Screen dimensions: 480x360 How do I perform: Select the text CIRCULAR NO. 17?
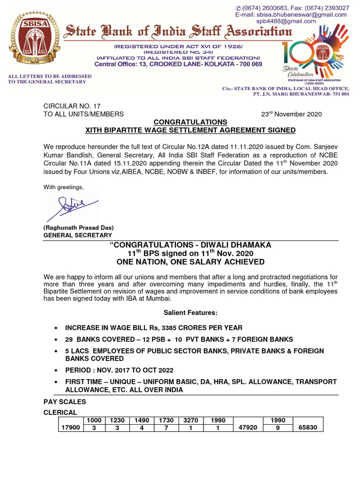pyautogui.click(x=72, y=106)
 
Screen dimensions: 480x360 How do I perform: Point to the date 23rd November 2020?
pyautogui.click(x=291, y=114)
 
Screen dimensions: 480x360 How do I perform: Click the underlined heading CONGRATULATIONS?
pyautogui.click(x=191, y=122)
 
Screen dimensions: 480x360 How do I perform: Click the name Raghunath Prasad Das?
pyautogui.click(x=79, y=228)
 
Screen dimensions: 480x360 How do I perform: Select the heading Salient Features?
pyautogui.click(x=190, y=313)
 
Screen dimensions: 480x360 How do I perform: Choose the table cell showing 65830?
pyautogui.click(x=308, y=427)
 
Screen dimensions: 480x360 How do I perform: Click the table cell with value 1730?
pyautogui.click(x=165, y=420)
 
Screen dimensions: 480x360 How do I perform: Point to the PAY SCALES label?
pyautogui.click(x=65, y=402)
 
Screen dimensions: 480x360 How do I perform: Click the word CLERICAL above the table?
pyautogui.click(x=60, y=412)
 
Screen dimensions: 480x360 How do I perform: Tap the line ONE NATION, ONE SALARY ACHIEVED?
pyautogui.click(x=190, y=262)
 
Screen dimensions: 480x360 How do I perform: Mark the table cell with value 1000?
pyautogui.click(x=94, y=420)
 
